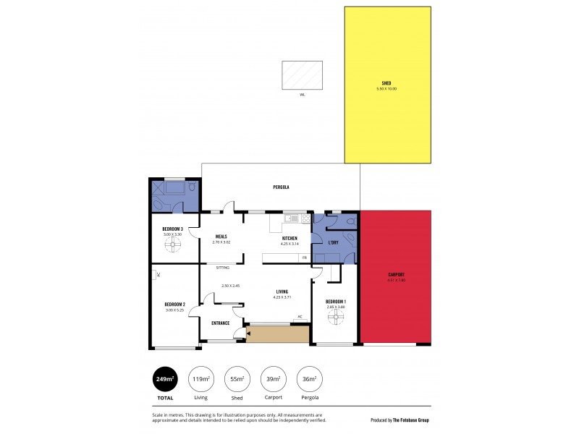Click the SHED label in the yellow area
[x=386, y=82]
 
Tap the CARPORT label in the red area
[x=396, y=274]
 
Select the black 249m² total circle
[x=166, y=379]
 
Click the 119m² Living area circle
[x=200, y=379]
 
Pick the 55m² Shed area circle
[x=237, y=379]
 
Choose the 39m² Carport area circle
[x=273, y=379]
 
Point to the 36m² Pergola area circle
[x=309, y=379]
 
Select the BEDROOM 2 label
[x=175, y=305]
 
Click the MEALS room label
[x=221, y=237]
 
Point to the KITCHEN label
[x=290, y=238]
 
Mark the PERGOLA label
[x=282, y=187]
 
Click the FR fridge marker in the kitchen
[x=305, y=258]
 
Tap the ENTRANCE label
[x=221, y=323]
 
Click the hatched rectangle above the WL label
[x=302, y=75]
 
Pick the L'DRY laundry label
[x=334, y=242]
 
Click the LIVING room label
[x=282, y=292]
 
